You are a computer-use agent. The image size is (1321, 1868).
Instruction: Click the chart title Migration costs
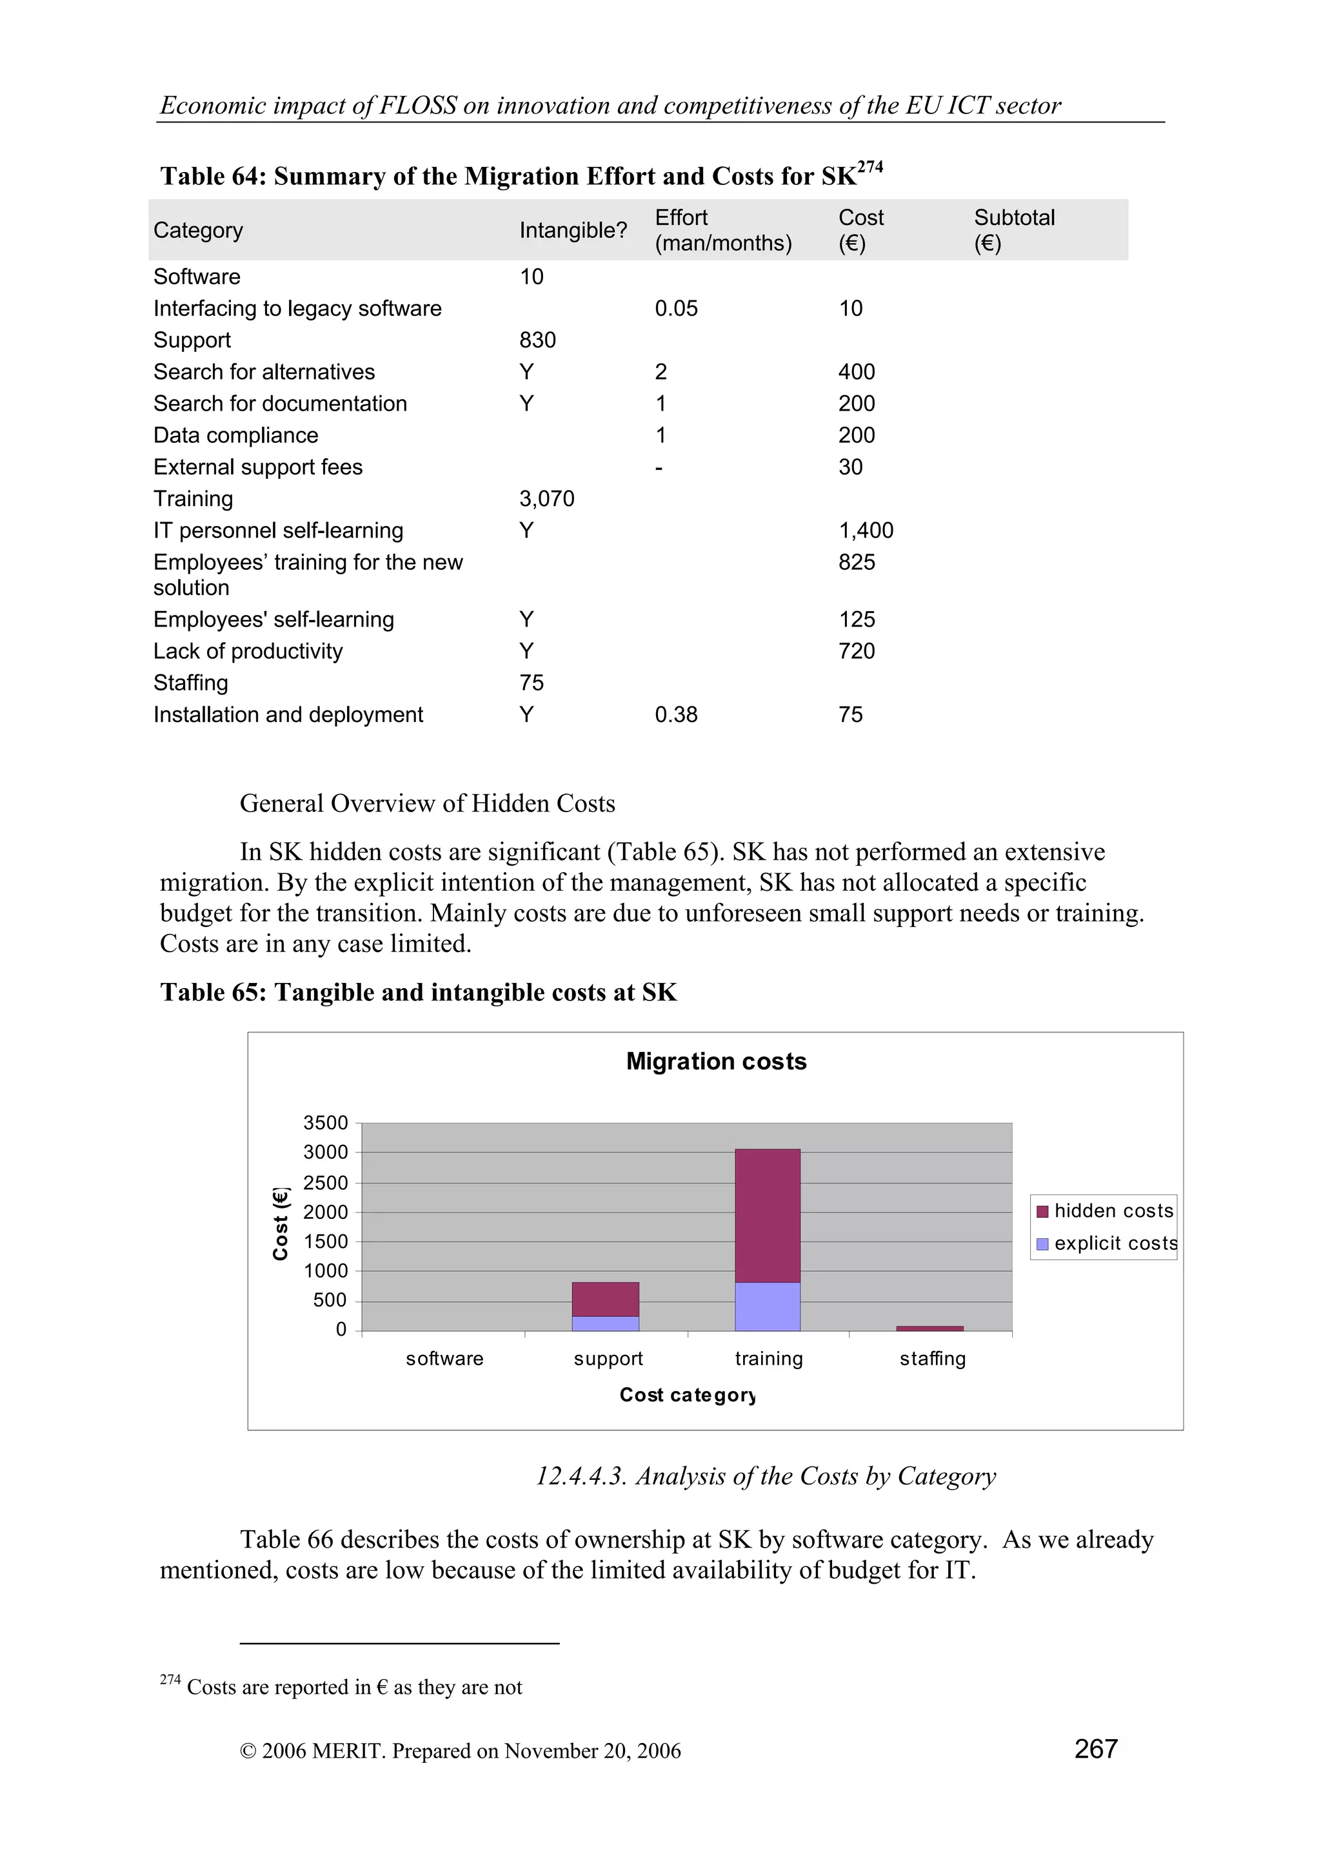pyautogui.click(x=715, y=1061)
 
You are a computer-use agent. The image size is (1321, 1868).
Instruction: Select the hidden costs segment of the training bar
pyautogui.click(x=767, y=1216)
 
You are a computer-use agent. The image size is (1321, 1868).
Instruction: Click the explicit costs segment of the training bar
pyautogui.click(x=767, y=1307)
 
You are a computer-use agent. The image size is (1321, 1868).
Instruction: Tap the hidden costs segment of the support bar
pyautogui.click(x=605, y=1299)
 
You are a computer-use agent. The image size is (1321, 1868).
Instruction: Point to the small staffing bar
pyautogui.click(x=929, y=1328)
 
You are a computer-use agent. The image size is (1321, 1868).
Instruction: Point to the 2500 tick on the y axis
pyautogui.click(x=326, y=1182)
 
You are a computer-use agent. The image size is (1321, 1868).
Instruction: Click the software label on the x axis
pyautogui.click(x=444, y=1359)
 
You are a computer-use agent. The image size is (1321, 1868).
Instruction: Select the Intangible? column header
pyautogui.click(x=573, y=230)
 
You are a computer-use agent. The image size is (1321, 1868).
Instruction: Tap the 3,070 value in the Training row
pyautogui.click(x=546, y=499)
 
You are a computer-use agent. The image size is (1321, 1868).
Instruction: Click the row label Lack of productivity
pyautogui.click(x=248, y=651)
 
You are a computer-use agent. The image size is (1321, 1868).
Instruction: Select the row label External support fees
pyautogui.click(x=258, y=467)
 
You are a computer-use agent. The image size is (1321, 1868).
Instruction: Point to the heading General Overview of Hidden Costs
pyautogui.click(x=427, y=803)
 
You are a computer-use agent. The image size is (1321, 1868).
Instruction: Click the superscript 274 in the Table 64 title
pyautogui.click(x=870, y=167)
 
